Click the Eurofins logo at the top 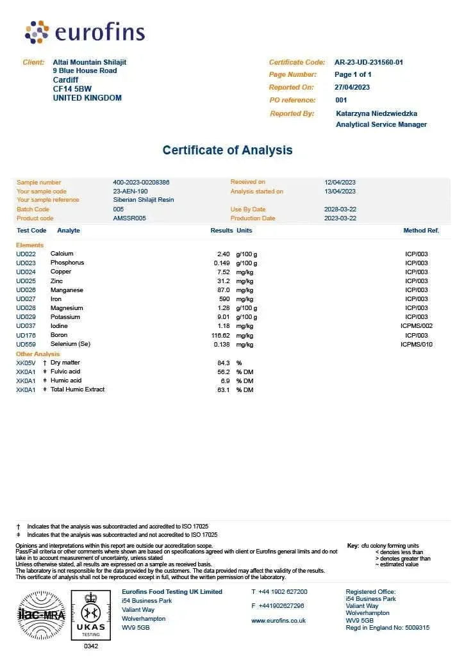point(85,32)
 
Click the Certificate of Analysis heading point(228,150)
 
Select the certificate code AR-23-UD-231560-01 point(369,62)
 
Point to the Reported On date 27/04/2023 point(352,87)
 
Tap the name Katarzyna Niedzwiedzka point(376,113)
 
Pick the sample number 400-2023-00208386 point(141,183)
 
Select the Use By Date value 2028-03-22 point(340,209)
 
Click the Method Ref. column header point(420,230)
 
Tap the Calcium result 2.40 point(223,254)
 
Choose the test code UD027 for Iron point(26,299)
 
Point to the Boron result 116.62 point(220,336)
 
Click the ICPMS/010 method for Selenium point(417,345)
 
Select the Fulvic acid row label point(65,372)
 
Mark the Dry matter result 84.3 point(223,363)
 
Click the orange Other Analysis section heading point(38,354)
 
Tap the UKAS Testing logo point(90,616)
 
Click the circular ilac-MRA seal point(42,616)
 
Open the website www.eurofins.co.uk point(278,621)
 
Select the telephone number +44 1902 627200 point(283,592)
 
